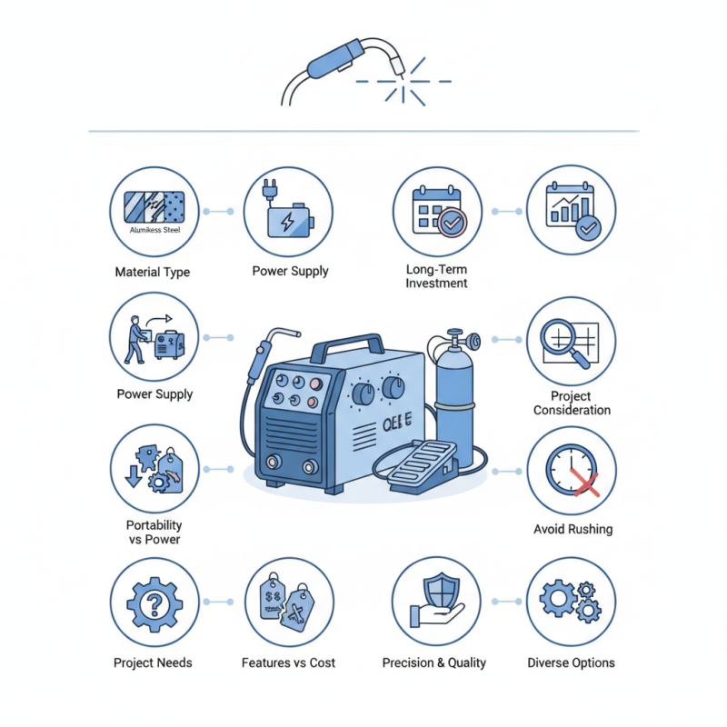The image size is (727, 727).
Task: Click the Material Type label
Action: click(153, 272)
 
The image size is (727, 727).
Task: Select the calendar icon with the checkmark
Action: click(437, 211)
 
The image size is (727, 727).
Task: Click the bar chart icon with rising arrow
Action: click(572, 210)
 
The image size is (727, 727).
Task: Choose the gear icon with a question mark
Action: click(154, 602)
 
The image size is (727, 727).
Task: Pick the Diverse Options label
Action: click(571, 662)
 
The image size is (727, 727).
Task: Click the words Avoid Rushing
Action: click(572, 529)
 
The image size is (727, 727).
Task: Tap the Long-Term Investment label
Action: click(437, 277)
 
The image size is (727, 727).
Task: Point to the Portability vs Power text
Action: click(154, 533)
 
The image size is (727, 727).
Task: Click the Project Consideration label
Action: click(572, 403)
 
